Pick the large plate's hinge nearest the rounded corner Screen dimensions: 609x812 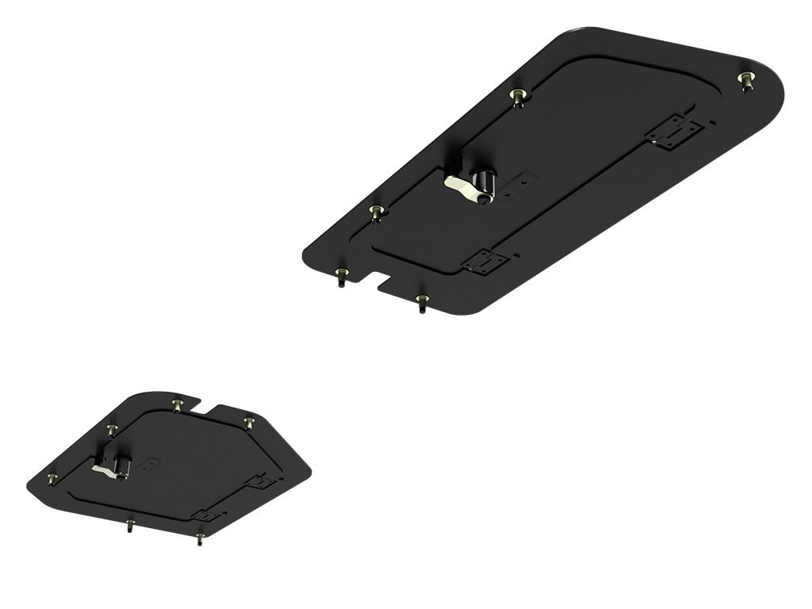click(x=674, y=132)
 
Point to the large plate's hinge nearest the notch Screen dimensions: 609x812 click(x=485, y=262)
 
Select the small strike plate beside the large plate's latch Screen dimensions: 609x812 click(x=519, y=184)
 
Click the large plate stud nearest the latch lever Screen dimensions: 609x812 click(x=377, y=212)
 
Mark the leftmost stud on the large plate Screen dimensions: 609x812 click(x=341, y=275)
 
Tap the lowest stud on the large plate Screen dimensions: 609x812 click(x=423, y=302)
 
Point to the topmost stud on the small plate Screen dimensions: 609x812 click(x=177, y=404)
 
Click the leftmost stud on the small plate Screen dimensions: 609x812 click(x=52, y=479)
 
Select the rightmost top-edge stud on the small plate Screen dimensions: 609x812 click(x=249, y=422)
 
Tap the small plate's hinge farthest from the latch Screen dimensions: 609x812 click(x=260, y=481)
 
